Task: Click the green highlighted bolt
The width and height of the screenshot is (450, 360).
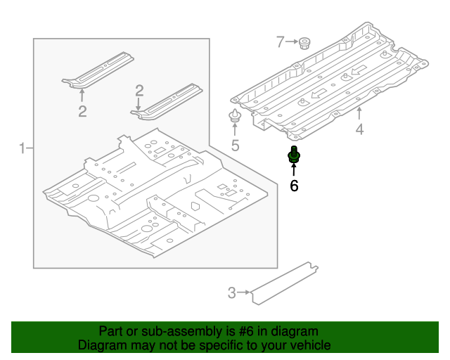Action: coord(294,155)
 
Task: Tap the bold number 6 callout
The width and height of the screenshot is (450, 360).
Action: coord(294,186)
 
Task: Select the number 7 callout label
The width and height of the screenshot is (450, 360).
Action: coord(280,41)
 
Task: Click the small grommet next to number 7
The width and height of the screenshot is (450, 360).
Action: coord(304,43)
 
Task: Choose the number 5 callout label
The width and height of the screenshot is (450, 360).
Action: coord(235,146)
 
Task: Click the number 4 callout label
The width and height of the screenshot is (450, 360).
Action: coord(359,129)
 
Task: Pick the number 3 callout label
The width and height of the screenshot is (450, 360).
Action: coord(231,293)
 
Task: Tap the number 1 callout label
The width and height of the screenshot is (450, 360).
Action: coord(22,148)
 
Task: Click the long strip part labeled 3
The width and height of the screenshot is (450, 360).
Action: coord(285,283)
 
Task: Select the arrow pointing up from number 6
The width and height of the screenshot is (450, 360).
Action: coord(294,169)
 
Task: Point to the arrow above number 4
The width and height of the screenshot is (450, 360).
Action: coord(359,113)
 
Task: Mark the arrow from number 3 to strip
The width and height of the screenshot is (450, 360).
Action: coord(243,292)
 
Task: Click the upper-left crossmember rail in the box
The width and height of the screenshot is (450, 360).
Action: coord(98,70)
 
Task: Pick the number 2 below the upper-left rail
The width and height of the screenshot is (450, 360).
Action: coord(82,111)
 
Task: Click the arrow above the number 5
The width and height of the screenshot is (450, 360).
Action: coord(235,129)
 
